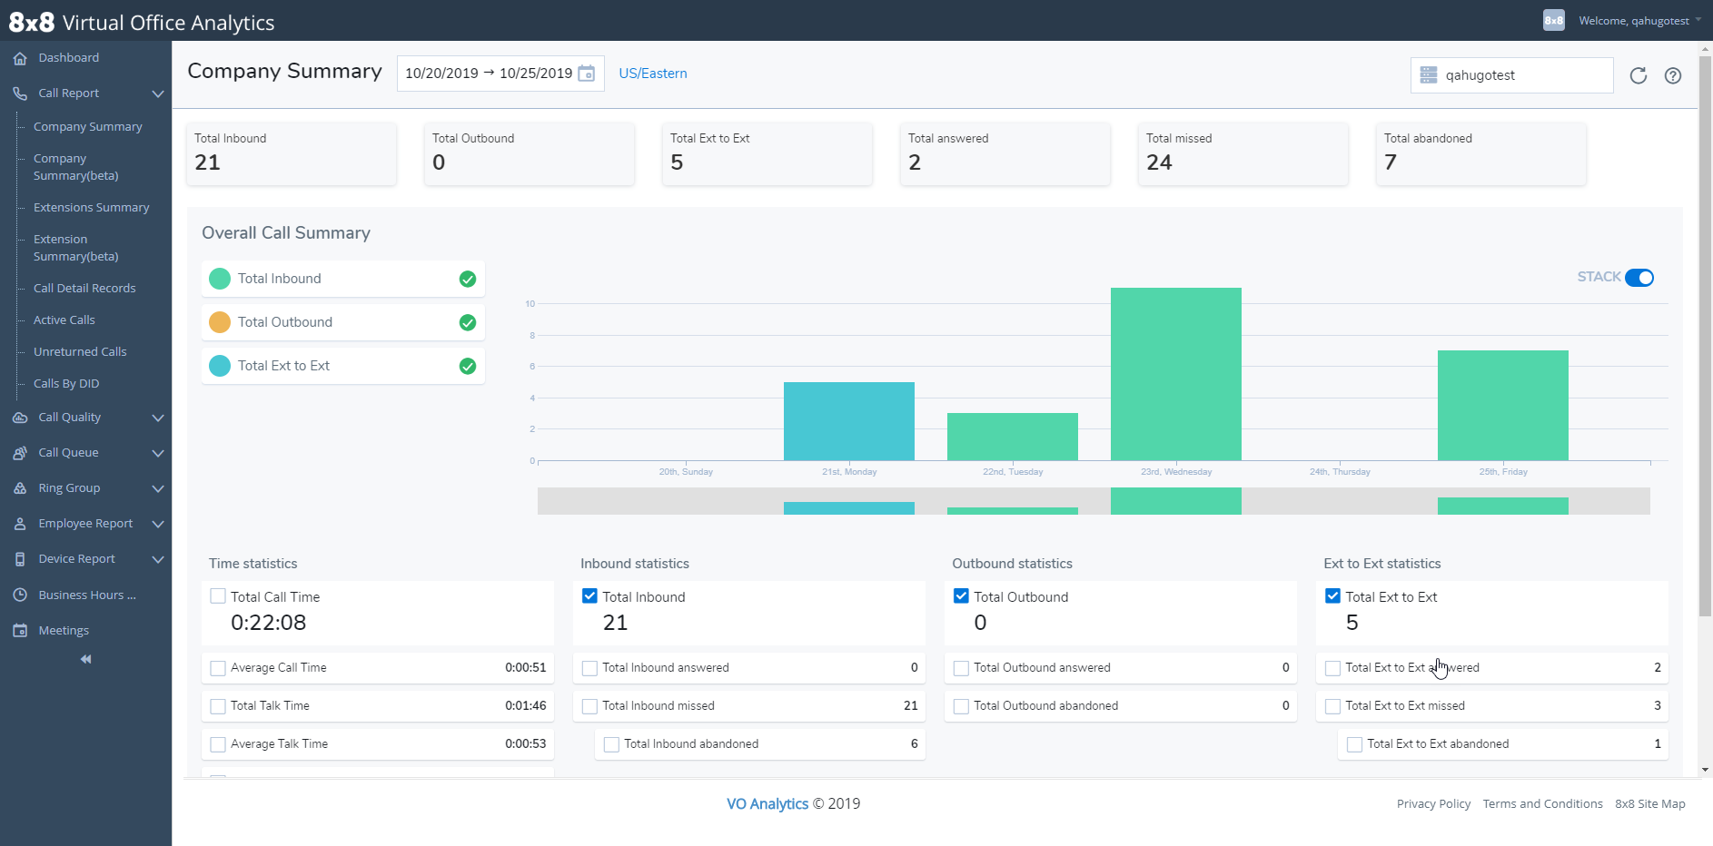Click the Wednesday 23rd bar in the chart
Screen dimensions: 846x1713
1175,374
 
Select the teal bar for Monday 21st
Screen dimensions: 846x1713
848,421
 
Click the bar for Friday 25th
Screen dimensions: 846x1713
1502,405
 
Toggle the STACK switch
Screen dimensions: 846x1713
1639,278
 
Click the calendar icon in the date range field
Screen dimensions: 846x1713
587,74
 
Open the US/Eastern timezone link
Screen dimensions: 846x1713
652,74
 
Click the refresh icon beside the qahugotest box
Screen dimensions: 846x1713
1638,75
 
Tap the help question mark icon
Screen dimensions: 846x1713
1672,75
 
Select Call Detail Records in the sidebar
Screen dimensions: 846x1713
84,289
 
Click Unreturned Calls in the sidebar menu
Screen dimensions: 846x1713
80,352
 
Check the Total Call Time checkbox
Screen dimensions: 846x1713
218,596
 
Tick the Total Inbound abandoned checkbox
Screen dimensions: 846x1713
611,744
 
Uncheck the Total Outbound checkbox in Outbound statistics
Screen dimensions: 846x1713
961,596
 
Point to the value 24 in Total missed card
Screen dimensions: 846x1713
1159,162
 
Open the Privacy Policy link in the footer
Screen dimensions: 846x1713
1433,804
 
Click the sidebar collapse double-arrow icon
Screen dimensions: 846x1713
85,659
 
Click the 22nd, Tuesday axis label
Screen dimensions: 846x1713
1012,472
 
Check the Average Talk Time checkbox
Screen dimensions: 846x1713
218,744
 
